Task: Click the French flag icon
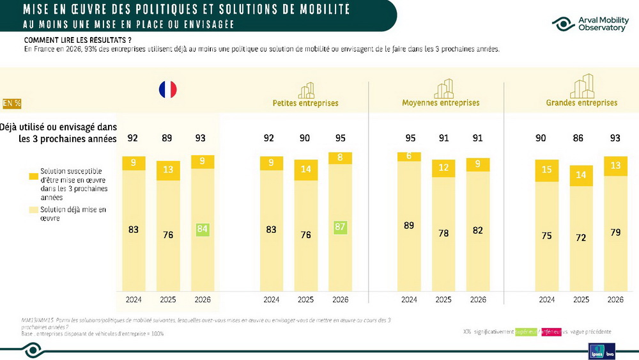click(x=168, y=90)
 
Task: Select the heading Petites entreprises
click(x=305, y=103)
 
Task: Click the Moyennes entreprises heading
click(x=440, y=103)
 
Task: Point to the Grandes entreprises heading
click(x=581, y=103)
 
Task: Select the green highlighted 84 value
click(x=202, y=229)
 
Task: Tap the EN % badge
click(x=11, y=103)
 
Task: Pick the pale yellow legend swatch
click(x=33, y=210)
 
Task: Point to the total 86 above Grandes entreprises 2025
click(x=581, y=137)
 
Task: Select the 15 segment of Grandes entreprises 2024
click(x=547, y=169)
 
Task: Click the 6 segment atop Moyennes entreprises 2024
click(x=409, y=156)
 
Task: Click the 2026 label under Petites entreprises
click(x=340, y=299)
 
